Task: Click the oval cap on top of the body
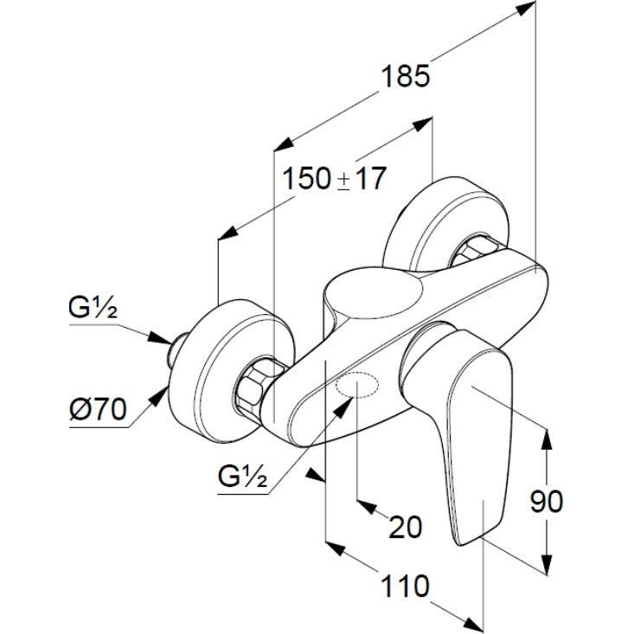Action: pos(381,299)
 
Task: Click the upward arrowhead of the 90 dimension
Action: pos(548,438)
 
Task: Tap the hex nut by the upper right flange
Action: pos(473,251)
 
